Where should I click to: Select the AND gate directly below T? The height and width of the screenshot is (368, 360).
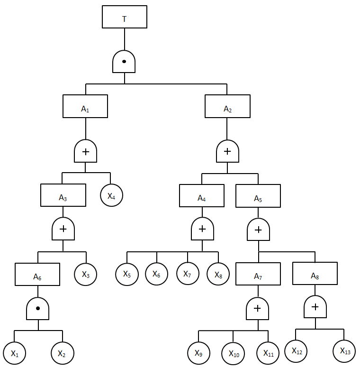[x=124, y=62]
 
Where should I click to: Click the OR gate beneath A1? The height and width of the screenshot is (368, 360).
[x=85, y=152]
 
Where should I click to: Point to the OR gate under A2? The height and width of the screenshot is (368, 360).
[x=227, y=152]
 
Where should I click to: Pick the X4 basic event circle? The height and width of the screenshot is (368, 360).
[x=111, y=195]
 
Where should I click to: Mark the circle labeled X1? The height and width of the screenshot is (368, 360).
[x=15, y=353]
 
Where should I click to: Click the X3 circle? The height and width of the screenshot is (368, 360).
[x=86, y=274]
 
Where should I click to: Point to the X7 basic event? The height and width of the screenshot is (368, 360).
[x=188, y=274]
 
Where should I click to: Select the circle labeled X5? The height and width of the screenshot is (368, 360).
[x=127, y=274]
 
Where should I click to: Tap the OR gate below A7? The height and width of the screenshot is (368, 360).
[x=258, y=309]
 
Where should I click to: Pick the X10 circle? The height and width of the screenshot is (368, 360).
[x=234, y=353]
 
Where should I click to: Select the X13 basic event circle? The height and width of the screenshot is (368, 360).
[x=345, y=350]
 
